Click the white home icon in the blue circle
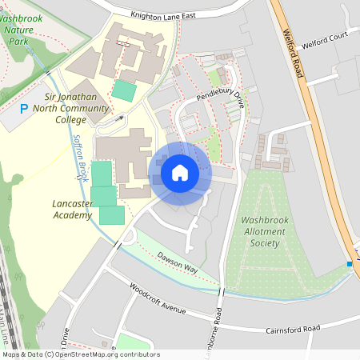(x=180, y=172)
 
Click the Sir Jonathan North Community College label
(x=70, y=107)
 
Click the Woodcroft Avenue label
(x=158, y=298)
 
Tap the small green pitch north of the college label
(x=124, y=90)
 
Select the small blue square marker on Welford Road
(x=350, y=264)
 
